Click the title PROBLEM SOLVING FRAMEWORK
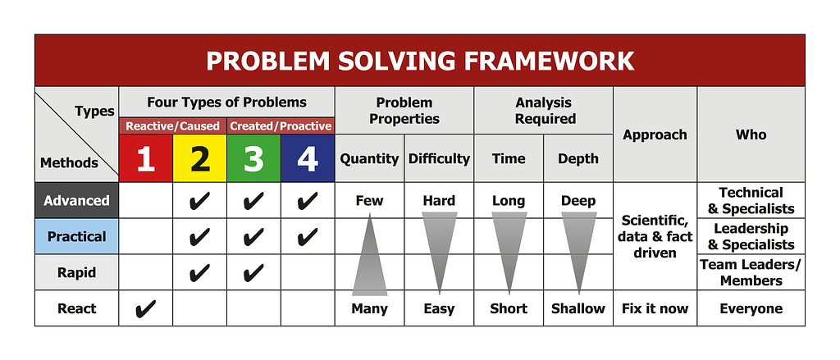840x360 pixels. (419, 61)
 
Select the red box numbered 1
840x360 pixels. (146, 158)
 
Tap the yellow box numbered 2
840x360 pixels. (199, 158)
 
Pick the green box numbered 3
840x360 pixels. (253, 158)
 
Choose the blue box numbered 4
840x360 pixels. (308, 158)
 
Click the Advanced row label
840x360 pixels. (76, 201)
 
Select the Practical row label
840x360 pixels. (76, 236)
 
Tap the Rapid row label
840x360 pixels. (76, 272)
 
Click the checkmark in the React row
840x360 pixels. (145, 309)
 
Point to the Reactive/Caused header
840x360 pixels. (172, 126)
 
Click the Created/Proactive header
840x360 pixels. (281, 126)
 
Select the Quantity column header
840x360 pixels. (369, 158)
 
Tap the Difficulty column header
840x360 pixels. (439, 158)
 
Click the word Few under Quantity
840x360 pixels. (369, 201)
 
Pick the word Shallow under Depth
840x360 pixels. (578, 309)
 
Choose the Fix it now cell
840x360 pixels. (655, 309)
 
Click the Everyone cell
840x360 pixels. (751, 309)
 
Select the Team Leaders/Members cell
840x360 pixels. (751, 272)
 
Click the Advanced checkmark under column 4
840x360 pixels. (308, 201)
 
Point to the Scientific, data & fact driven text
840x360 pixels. (655, 236)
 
